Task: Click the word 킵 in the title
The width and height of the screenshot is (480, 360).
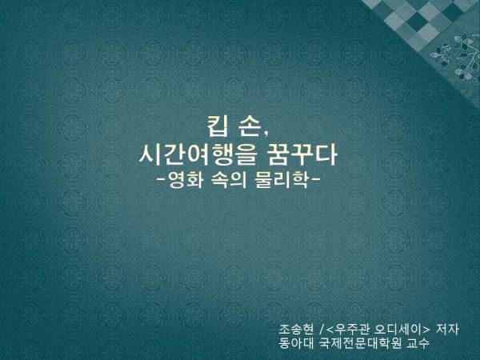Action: click(x=218, y=126)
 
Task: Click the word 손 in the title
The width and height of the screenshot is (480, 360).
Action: click(x=250, y=126)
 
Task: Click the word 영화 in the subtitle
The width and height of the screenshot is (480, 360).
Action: click(x=186, y=180)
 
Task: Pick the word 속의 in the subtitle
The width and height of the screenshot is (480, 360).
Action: click(x=229, y=180)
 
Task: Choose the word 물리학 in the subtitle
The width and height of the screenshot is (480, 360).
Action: click(x=281, y=180)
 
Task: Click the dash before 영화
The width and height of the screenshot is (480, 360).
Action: click(x=162, y=178)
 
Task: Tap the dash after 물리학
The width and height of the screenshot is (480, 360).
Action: click(x=315, y=178)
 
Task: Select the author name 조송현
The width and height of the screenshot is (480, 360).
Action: click(x=296, y=330)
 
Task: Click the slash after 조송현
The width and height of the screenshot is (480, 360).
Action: click(x=322, y=330)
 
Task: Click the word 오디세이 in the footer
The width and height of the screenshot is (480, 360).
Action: click(x=398, y=330)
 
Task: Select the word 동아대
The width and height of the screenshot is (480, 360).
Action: click(x=296, y=343)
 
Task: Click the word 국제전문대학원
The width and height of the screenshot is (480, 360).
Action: click(x=360, y=343)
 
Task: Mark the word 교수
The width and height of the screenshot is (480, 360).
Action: click(x=418, y=343)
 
